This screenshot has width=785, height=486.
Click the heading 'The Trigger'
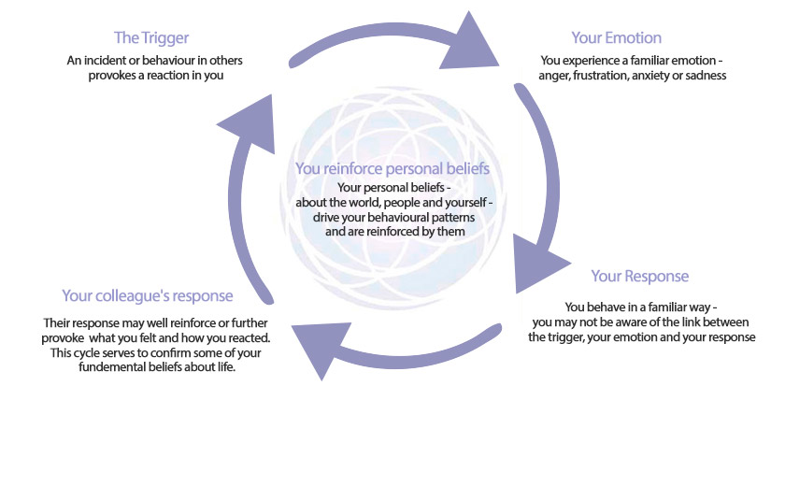tap(151, 38)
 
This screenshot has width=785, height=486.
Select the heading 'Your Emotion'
tap(616, 37)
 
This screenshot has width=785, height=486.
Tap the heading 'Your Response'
tap(640, 277)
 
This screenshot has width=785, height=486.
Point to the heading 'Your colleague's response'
tap(148, 295)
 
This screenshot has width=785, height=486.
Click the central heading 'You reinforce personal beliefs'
tap(392, 168)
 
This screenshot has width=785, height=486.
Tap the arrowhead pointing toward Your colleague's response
tap(321, 347)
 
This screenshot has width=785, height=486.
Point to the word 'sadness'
tap(706, 76)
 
